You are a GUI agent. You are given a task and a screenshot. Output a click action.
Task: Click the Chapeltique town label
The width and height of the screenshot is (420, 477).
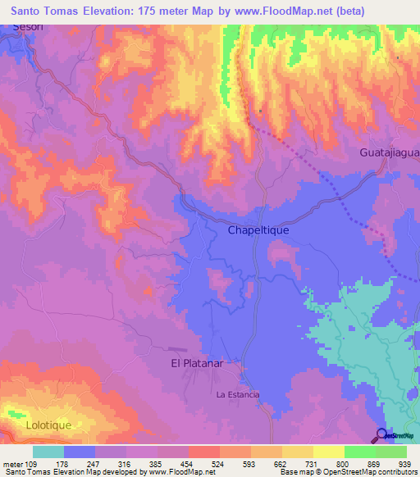pos(258,231)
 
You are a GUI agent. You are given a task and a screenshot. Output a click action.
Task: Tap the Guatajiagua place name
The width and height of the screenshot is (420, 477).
pos(389,153)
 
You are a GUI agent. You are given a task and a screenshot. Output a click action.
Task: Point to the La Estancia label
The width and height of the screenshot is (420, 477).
pos(238,395)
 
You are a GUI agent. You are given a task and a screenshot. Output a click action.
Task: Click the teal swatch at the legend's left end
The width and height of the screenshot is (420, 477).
pos(48,452)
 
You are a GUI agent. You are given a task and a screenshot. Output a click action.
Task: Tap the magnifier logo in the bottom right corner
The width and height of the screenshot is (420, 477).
pos(381,435)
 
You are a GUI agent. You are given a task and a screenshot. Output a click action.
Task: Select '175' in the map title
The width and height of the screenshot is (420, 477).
pos(156,10)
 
